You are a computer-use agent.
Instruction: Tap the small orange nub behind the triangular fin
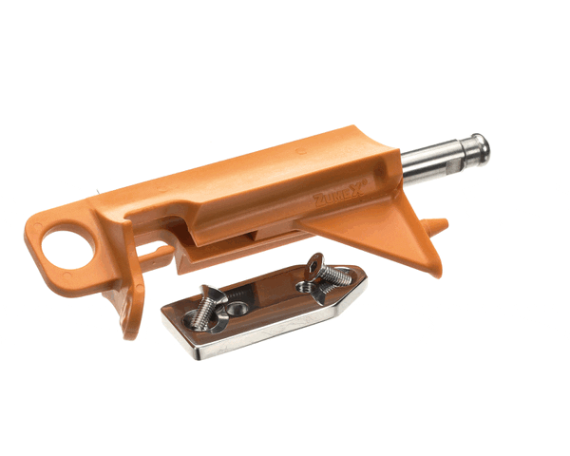pos(435,226)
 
